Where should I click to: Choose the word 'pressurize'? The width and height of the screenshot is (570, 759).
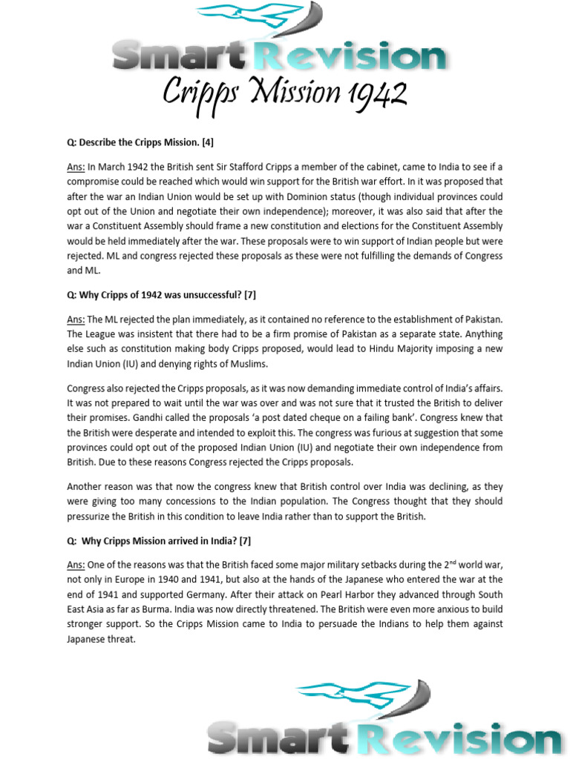92,517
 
